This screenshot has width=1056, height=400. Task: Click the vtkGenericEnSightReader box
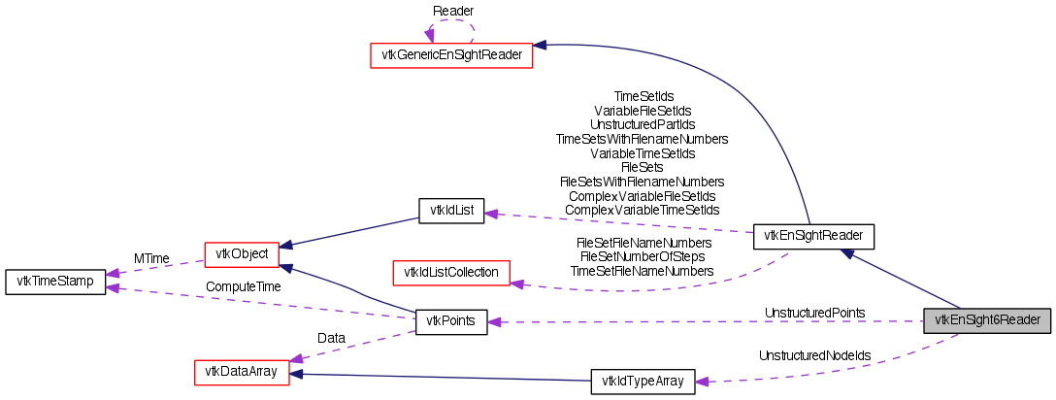(x=451, y=55)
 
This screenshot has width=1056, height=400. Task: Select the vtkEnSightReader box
(x=814, y=235)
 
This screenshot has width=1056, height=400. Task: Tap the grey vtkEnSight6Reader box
(x=987, y=320)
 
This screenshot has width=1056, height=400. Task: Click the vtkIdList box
(x=450, y=211)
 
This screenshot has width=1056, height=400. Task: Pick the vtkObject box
(x=242, y=254)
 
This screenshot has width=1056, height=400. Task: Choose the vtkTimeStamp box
(x=55, y=283)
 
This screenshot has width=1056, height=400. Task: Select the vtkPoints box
(x=450, y=321)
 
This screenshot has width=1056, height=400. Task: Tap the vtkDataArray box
(x=242, y=372)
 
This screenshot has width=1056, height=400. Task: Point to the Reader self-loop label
(x=453, y=10)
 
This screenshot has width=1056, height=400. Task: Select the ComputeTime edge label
(x=243, y=287)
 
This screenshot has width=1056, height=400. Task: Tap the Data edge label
(x=331, y=337)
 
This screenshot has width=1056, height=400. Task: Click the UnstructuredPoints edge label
(x=814, y=313)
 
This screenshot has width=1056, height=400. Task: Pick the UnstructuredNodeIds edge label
(x=814, y=355)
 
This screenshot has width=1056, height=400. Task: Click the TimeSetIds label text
(x=643, y=97)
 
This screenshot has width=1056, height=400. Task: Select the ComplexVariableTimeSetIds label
(x=642, y=210)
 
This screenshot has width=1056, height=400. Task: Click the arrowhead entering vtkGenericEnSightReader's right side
(x=540, y=45)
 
